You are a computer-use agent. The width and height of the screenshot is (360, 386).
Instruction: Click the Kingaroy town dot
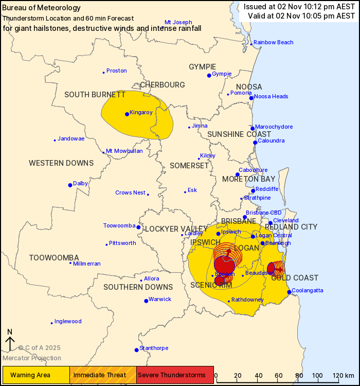pos(127,114)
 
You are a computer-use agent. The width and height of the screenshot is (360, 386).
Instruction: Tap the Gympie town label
pos(222,74)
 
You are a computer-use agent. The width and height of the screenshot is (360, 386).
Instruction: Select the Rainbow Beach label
pos(273,42)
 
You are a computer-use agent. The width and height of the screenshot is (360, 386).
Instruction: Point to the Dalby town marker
pos(70,185)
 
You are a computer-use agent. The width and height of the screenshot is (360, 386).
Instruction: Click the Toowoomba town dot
pos(138,226)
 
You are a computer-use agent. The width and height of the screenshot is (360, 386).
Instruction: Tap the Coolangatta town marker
pos(290,292)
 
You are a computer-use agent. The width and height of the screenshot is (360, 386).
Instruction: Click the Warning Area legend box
pos(36,374)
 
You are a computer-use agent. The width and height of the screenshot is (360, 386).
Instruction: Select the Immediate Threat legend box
pos(103,374)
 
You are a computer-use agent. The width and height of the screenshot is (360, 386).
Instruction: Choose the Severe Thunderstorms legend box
pos(175,374)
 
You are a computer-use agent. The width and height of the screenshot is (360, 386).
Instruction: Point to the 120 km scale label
pos(340,374)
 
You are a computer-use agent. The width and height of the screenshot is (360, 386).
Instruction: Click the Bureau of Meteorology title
pos(42,8)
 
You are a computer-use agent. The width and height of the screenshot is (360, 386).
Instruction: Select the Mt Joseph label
pos(178,22)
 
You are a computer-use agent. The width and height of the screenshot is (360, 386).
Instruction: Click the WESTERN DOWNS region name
pos(61,163)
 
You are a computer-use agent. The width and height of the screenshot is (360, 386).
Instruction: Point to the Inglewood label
pos(68,322)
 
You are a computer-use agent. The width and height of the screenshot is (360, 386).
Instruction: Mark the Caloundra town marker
pos(255,143)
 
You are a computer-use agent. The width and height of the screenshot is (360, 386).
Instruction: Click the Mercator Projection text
pos(32,358)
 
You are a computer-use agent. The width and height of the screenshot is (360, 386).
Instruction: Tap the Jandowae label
pos(71,139)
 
